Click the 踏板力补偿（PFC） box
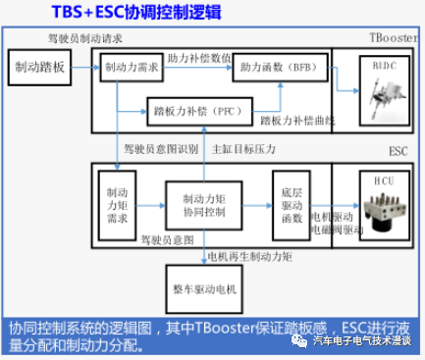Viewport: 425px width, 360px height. [x=200, y=112]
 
